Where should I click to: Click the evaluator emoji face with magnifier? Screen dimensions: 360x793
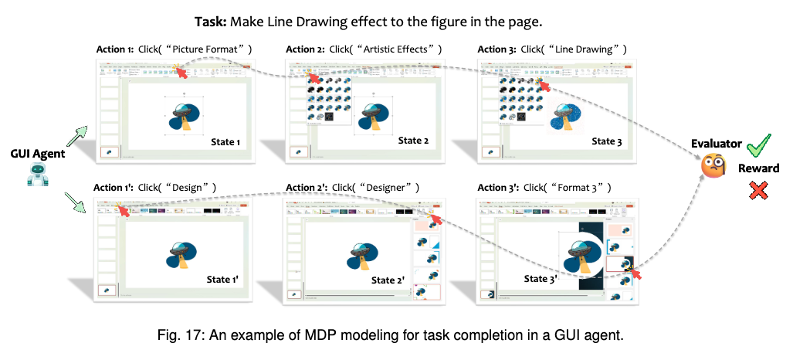click(712, 165)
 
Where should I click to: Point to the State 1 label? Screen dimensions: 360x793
click(225, 143)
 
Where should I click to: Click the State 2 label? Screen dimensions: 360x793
click(415, 141)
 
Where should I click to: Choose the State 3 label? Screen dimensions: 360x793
click(608, 141)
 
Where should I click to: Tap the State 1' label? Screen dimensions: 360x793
click(225, 280)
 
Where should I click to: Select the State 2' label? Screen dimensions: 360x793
click(388, 280)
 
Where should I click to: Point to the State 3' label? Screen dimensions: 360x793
click(541, 279)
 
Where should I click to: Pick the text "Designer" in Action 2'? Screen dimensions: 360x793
click(395, 188)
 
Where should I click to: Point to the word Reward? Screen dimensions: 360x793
click(758, 168)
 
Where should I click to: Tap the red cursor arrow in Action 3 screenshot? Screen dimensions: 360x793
click(545, 87)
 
